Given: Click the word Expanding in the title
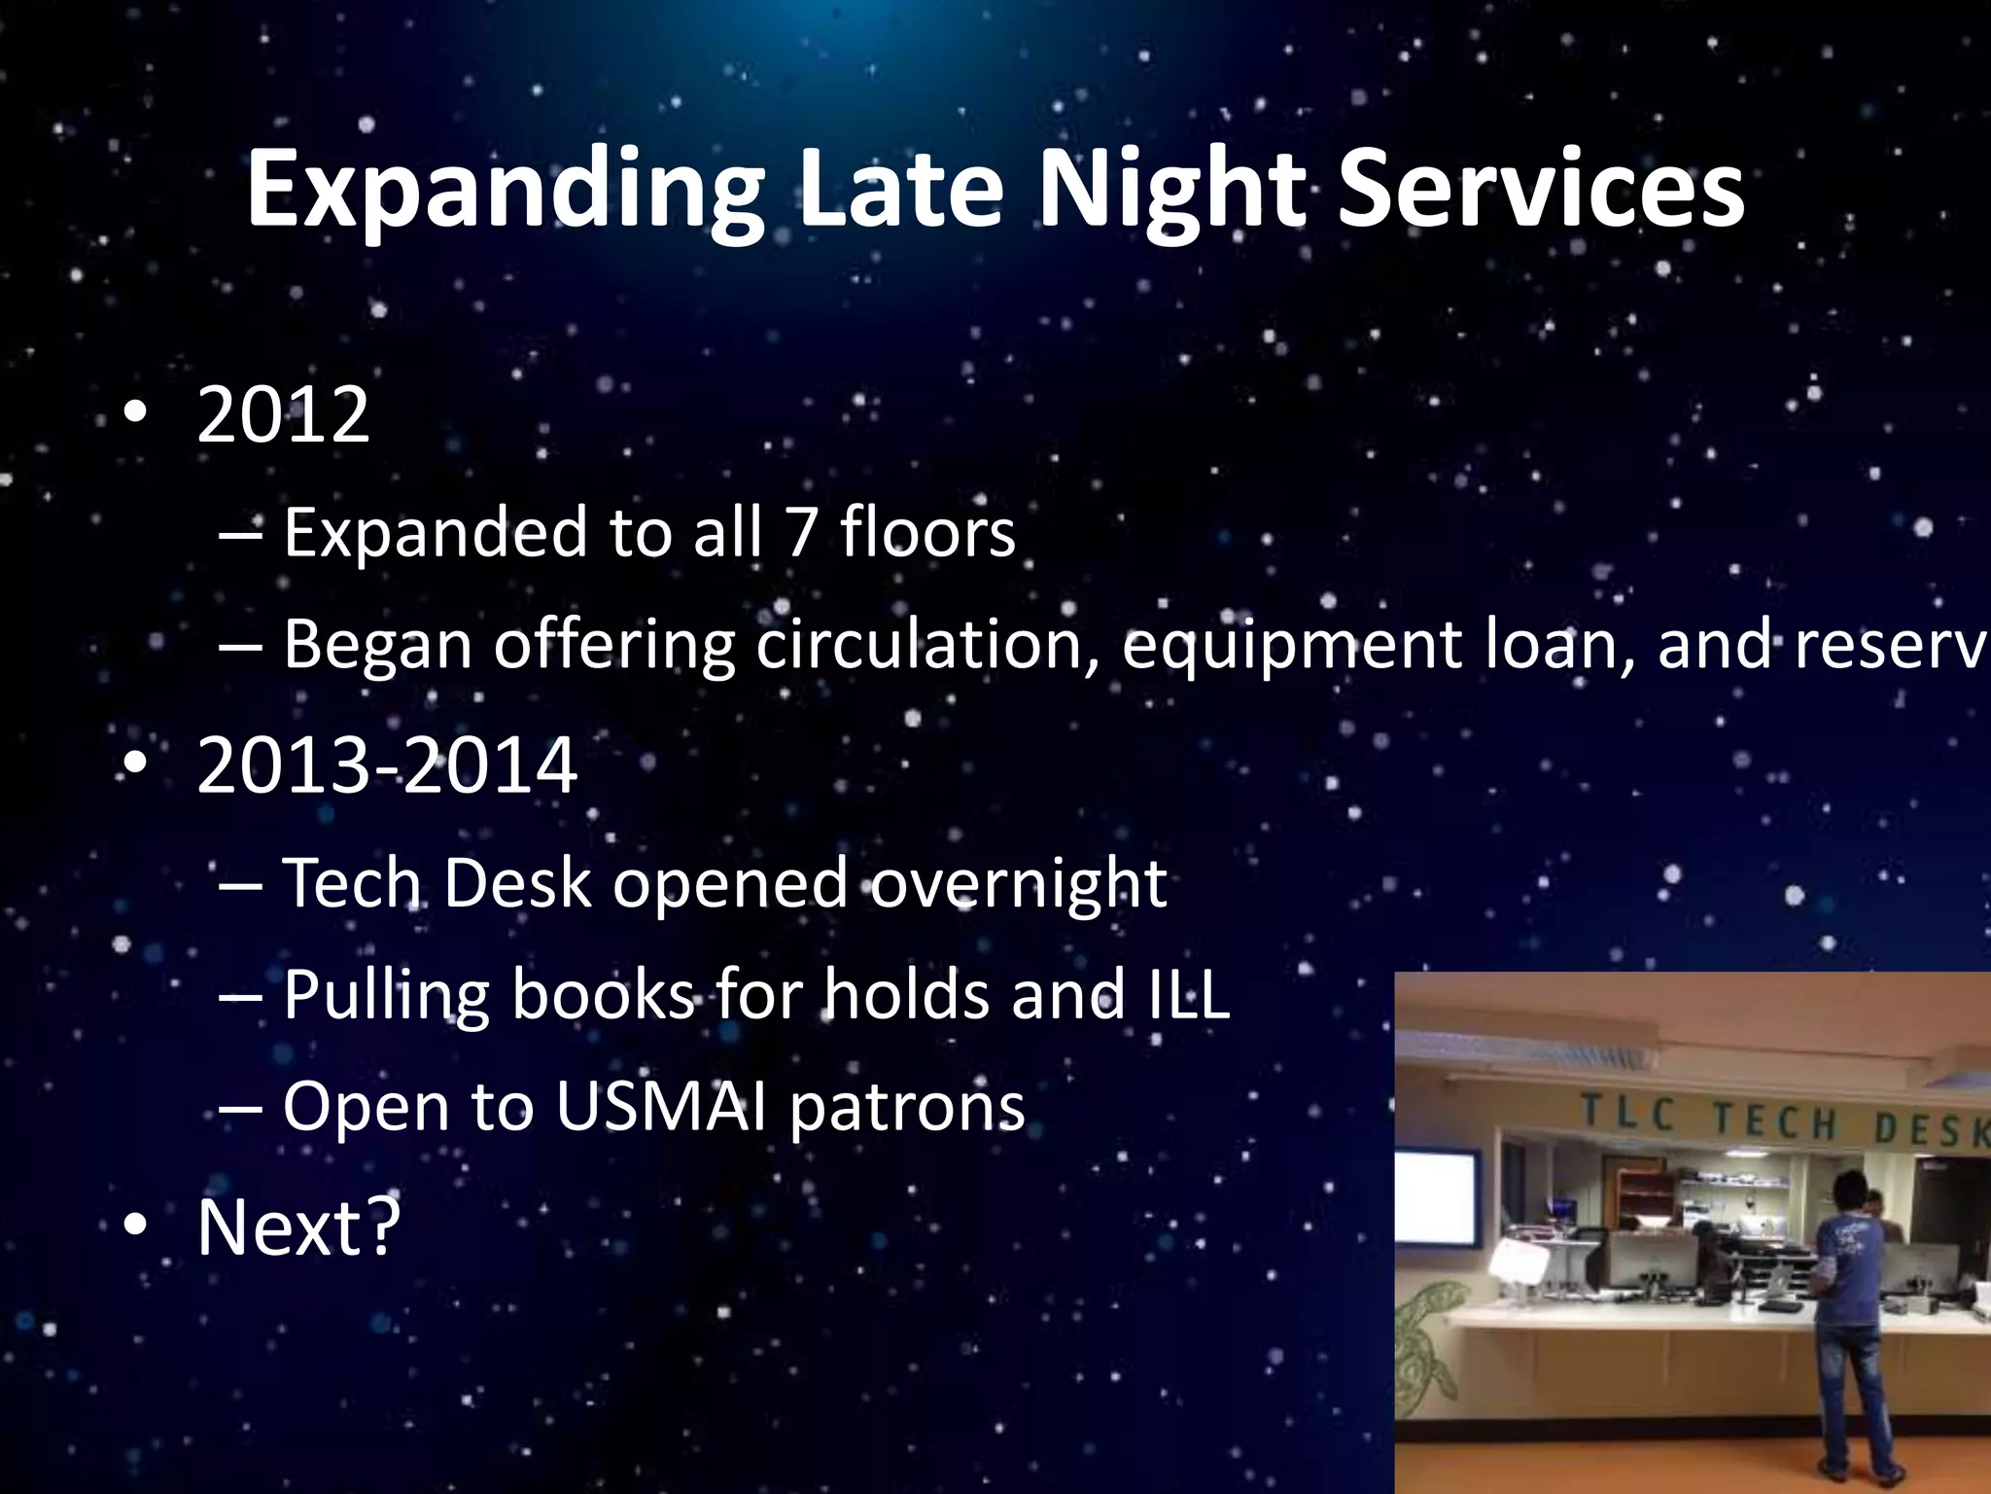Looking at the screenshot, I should pyautogui.click(x=504, y=190).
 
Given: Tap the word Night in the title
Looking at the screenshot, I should pyautogui.click(x=1171, y=190).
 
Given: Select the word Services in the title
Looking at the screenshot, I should pyautogui.click(x=1540, y=190).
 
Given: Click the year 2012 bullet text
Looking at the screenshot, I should pyautogui.click(x=283, y=415).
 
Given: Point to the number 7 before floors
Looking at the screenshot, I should pyautogui.click(x=800, y=533).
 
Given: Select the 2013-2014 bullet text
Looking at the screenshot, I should pyautogui.click(x=387, y=766).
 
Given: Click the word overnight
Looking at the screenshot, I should pyautogui.click(x=1017, y=883).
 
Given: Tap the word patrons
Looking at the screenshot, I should pyautogui.click(x=907, y=1108).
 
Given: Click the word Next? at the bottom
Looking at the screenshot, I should pyautogui.click(x=298, y=1227).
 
